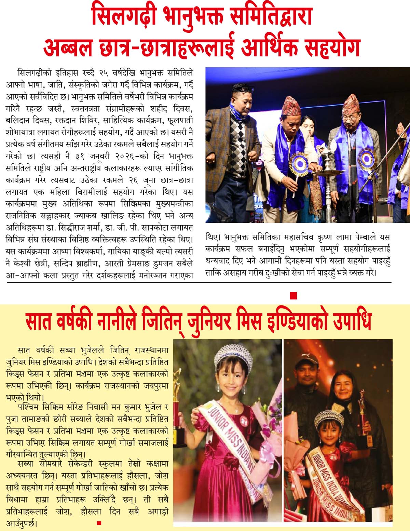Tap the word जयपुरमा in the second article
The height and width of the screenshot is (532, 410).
[x=154, y=386]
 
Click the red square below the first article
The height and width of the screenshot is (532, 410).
[x=293, y=295]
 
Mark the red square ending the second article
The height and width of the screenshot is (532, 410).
[x=99, y=523]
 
